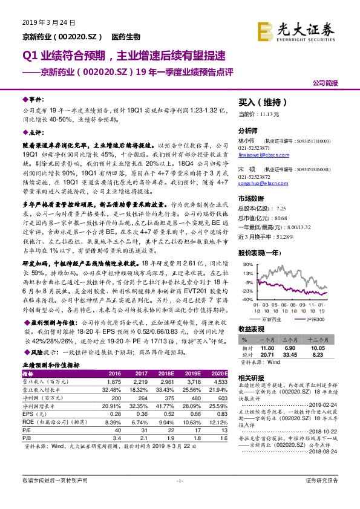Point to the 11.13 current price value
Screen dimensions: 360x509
point(269,114)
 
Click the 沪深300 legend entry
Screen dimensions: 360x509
point(316,318)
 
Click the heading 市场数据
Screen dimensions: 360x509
point(251,198)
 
